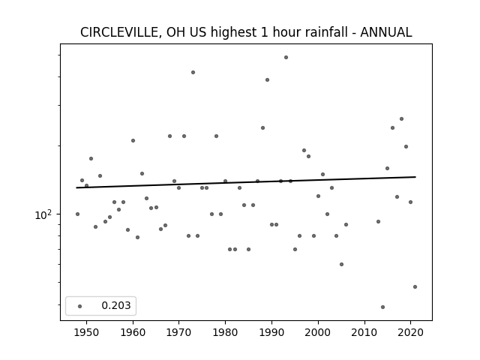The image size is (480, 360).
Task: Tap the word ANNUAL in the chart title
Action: (386, 32)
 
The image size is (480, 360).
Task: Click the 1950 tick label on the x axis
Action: (87, 332)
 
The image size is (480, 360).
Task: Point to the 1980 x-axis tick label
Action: (225, 332)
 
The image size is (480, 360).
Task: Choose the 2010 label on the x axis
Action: (364, 332)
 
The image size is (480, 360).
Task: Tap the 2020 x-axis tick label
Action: (410, 332)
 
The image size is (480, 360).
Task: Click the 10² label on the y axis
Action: (43, 215)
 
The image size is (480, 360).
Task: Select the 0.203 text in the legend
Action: (116, 305)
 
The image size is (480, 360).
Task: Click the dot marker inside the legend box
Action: (80, 306)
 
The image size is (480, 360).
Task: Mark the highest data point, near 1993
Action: (286, 57)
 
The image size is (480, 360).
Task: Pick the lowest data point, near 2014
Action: (382, 307)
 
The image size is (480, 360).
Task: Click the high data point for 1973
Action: (193, 72)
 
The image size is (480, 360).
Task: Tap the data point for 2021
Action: (415, 286)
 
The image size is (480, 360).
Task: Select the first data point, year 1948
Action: (77, 214)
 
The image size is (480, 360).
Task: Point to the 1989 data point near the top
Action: (267, 80)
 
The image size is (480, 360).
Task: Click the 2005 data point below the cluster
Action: (342, 264)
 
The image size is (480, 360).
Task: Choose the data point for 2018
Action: (402, 118)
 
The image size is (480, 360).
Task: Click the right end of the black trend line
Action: (415, 177)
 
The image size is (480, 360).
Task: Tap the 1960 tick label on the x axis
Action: (133, 332)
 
